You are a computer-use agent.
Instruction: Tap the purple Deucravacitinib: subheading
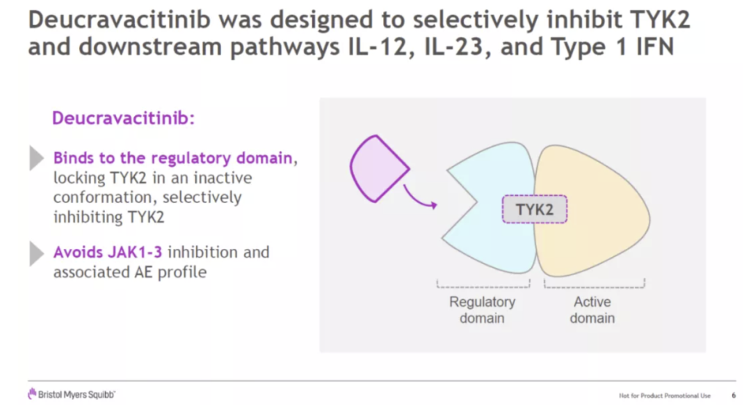[x=123, y=118]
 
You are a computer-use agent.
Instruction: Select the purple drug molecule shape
[x=378, y=168]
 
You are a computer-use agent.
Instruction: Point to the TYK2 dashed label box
[x=534, y=209]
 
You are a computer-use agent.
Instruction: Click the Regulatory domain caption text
[x=482, y=310]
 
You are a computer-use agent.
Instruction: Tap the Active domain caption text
[x=592, y=310]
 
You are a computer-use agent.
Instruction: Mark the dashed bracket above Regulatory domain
[x=483, y=284]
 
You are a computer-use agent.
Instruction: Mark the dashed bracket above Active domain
[x=595, y=284]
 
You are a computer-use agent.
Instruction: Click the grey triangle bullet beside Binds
[x=37, y=158]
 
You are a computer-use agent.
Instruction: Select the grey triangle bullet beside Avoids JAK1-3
[x=37, y=252]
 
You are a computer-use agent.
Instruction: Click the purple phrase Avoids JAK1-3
[x=108, y=252]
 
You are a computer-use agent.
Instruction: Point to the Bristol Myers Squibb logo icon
[x=32, y=394]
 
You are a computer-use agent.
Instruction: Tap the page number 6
[x=734, y=396]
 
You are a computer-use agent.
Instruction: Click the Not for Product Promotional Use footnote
[x=665, y=396]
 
